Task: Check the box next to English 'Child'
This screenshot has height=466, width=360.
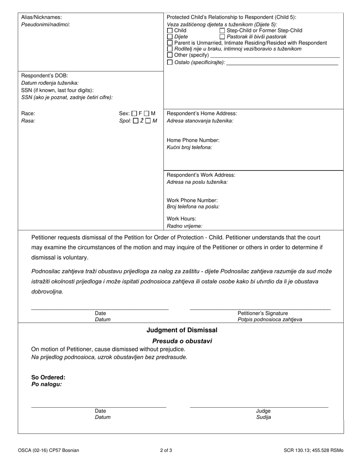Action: click(x=170, y=30)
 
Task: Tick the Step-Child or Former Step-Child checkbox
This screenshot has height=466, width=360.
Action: click(x=222, y=30)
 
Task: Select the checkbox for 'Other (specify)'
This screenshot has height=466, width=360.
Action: click(x=170, y=55)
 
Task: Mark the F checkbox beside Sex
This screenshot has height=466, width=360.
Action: click(x=134, y=113)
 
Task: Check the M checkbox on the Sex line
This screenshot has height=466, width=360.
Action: click(x=147, y=113)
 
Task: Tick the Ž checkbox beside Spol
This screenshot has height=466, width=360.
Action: click(x=136, y=121)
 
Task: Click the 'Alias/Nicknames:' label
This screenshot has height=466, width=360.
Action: click(x=41, y=17)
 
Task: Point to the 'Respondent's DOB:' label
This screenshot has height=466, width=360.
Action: click(x=44, y=75)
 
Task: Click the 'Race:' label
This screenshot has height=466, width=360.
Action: click(x=28, y=113)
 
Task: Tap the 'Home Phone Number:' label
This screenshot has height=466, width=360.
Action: click(x=193, y=140)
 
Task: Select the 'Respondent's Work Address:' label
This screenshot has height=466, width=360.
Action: click(x=201, y=175)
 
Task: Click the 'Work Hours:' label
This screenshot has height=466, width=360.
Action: click(x=182, y=219)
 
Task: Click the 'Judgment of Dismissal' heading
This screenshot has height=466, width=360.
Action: click(x=182, y=330)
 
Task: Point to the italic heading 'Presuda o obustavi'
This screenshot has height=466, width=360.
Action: click(x=182, y=341)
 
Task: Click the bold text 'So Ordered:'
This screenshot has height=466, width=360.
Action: click(x=48, y=377)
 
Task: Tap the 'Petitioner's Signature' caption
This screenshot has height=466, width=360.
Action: click(x=263, y=313)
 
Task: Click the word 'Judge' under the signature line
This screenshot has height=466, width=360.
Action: click(x=263, y=411)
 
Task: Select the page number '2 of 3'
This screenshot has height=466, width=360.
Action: click(x=166, y=450)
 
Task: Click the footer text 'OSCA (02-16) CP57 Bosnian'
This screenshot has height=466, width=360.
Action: click(x=49, y=450)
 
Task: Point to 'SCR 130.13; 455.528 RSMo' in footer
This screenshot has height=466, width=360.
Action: click(x=313, y=450)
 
